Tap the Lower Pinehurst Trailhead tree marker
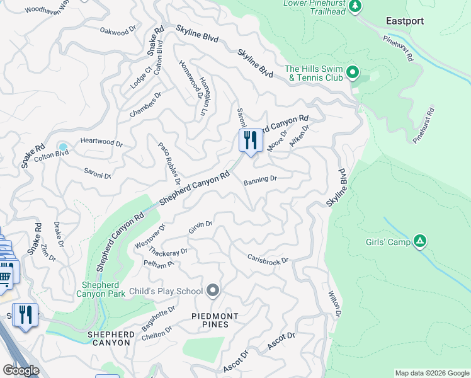click(x=356, y=6)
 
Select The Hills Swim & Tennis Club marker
click(x=353, y=74)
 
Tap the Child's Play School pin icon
click(x=213, y=290)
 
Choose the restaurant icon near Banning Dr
click(x=251, y=140)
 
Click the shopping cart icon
click(x=6, y=275)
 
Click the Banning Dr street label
click(x=260, y=179)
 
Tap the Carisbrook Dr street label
click(x=268, y=260)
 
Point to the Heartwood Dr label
click(x=101, y=144)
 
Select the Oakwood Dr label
click(x=118, y=30)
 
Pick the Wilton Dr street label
click(x=334, y=304)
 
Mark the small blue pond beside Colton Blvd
click(x=63, y=146)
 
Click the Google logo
click(x=20, y=370)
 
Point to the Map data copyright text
click(x=431, y=373)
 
